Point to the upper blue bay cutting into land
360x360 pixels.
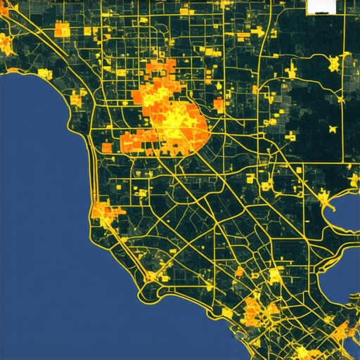(347, 204)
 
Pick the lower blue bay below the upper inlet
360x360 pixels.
(341, 278)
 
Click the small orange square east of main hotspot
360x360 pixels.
(219, 106)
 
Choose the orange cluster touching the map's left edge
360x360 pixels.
(6, 46)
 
